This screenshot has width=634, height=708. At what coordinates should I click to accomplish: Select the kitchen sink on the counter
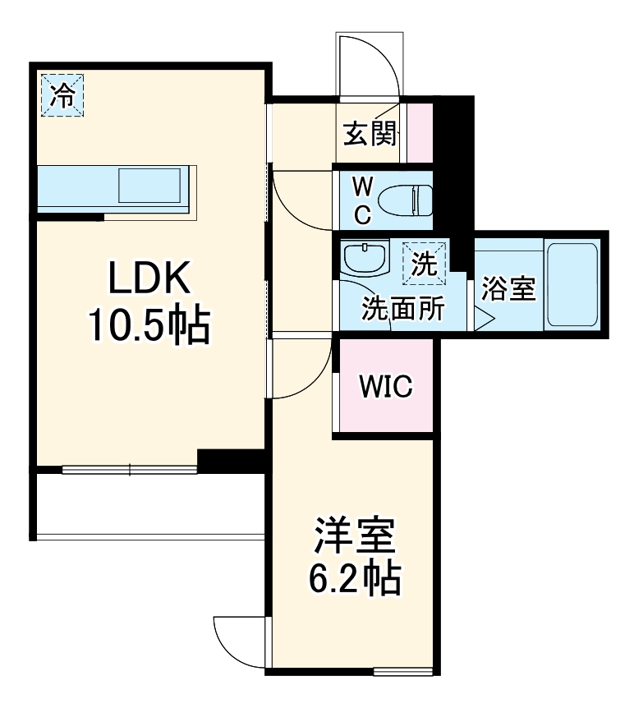click(x=152, y=186)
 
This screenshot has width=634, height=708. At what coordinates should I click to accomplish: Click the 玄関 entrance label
click(x=369, y=133)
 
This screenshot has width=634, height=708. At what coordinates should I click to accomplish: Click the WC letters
click(x=362, y=200)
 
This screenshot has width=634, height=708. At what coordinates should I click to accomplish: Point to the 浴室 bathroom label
click(x=508, y=288)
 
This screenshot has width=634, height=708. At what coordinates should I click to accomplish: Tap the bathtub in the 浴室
click(x=572, y=283)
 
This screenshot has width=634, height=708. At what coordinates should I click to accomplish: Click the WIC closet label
click(x=385, y=386)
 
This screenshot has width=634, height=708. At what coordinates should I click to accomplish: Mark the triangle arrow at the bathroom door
click(x=483, y=317)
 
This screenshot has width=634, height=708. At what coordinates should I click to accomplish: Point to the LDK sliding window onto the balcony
click(x=130, y=471)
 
